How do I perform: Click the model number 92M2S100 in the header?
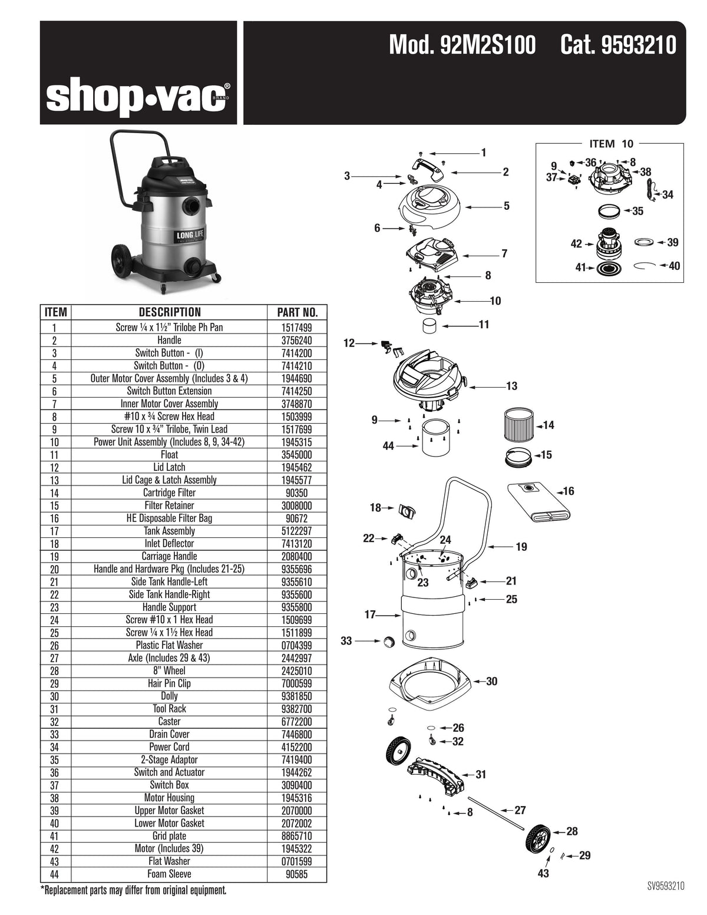(x=462, y=45)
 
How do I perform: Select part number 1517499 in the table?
(x=298, y=328)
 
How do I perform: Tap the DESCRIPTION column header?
(x=170, y=312)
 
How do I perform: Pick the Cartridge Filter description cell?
(x=169, y=493)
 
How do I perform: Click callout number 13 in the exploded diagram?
(x=511, y=386)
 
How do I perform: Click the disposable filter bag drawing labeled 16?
(x=539, y=502)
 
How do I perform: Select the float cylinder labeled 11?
(x=431, y=325)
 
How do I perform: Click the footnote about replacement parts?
(x=133, y=890)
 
